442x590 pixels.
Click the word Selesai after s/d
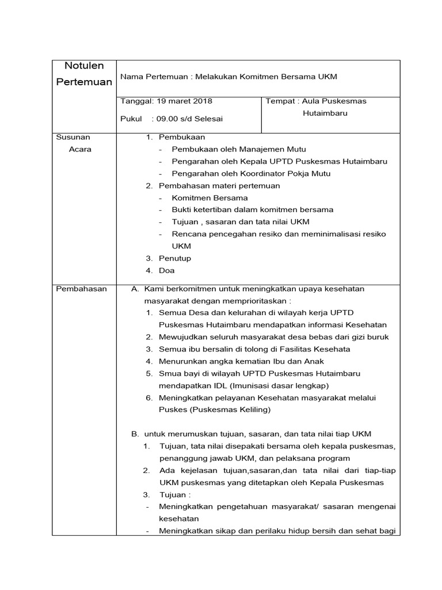tap(208, 119)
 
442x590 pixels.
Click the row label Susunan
tap(73, 137)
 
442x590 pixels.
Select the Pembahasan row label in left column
tap(81, 289)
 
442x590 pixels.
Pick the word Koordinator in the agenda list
tap(252, 173)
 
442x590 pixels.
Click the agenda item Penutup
tap(175, 258)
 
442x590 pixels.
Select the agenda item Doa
tap(167, 270)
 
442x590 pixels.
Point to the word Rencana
tap(188, 234)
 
